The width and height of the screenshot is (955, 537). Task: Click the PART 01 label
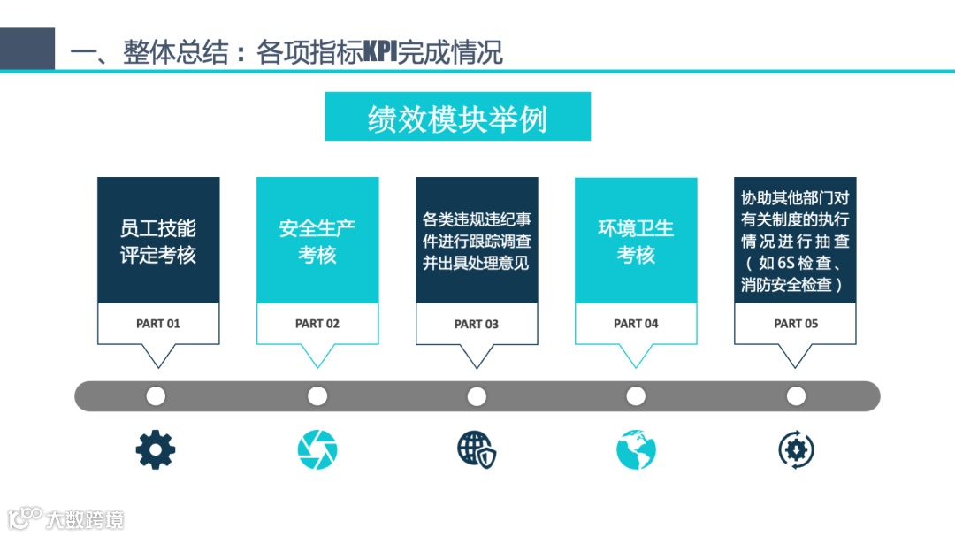[x=158, y=324]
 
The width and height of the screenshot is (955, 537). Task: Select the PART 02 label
[x=317, y=324]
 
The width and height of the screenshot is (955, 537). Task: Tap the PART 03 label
[x=477, y=324]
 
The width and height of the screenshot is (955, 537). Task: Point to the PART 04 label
[x=636, y=324]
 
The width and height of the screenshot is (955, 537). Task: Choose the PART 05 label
[x=796, y=324]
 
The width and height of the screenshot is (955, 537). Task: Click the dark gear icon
[x=156, y=450]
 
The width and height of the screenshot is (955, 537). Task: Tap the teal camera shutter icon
[x=317, y=450]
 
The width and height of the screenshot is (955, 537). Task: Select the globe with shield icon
[x=477, y=450]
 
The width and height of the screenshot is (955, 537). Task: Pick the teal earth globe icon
[x=636, y=450]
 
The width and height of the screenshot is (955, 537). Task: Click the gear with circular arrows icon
[x=796, y=450]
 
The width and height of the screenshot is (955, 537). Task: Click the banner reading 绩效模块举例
[x=457, y=117]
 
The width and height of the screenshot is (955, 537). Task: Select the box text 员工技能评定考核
[x=158, y=241]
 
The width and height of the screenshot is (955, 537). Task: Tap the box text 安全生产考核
[x=317, y=241]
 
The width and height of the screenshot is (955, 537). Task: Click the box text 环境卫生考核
[x=636, y=241]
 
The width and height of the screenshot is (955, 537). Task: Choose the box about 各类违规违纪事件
[x=477, y=241]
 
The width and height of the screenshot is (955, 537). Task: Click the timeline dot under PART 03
[x=477, y=396]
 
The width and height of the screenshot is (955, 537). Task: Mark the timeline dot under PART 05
[x=796, y=396]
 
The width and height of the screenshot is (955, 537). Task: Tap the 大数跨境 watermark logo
[x=65, y=518]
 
